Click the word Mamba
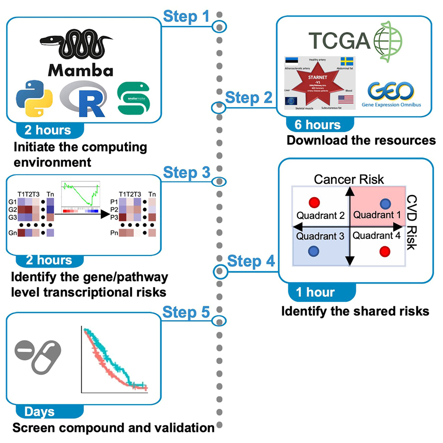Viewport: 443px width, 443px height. click(x=81, y=70)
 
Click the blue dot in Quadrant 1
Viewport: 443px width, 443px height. click(x=386, y=204)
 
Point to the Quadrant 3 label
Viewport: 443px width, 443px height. click(x=321, y=236)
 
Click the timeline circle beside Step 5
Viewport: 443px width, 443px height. click(x=218, y=320)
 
